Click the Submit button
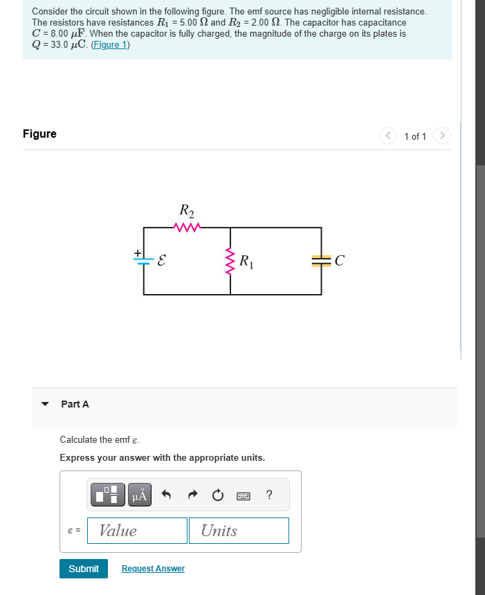pos(84,569)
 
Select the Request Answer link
pos(153,569)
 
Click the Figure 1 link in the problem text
pos(110,45)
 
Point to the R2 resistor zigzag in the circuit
pos(187,227)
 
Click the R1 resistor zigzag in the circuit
pos(230,262)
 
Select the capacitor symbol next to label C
pos(321,261)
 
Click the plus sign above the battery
pos(138,253)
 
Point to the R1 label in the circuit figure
pos(246,262)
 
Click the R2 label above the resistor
pos(187,210)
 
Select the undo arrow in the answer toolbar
pos(166,495)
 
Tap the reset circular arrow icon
pos(218,495)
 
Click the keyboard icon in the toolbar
pos(244,495)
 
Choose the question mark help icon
pos(269,495)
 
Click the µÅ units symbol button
pos(140,495)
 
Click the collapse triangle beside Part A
pos(46,404)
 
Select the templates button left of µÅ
pos(108,495)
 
